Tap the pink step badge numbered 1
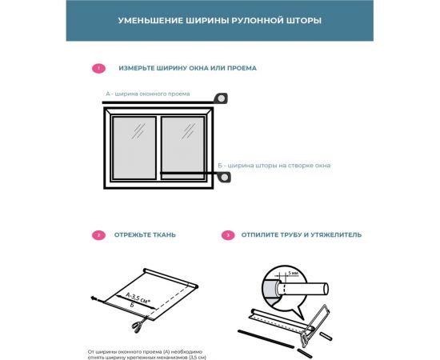click(98, 69)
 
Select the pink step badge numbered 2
click(98, 235)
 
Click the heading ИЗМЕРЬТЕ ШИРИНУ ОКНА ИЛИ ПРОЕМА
click(187, 69)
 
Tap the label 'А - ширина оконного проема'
click(147, 94)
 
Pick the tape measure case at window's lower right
click(226, 176)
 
